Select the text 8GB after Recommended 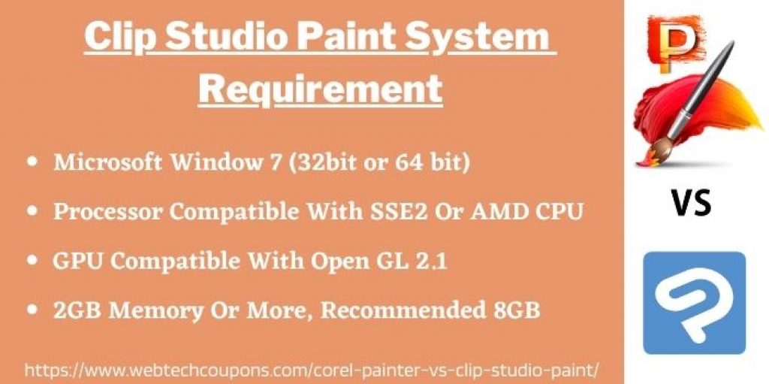[x=516, y=310]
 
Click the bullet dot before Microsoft [x=33, y=162]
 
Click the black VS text [x=692, y=204]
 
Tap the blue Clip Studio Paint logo [x=694, y=303]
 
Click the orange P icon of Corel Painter [x=675, y=43]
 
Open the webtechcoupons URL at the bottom [x=312, y=368]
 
